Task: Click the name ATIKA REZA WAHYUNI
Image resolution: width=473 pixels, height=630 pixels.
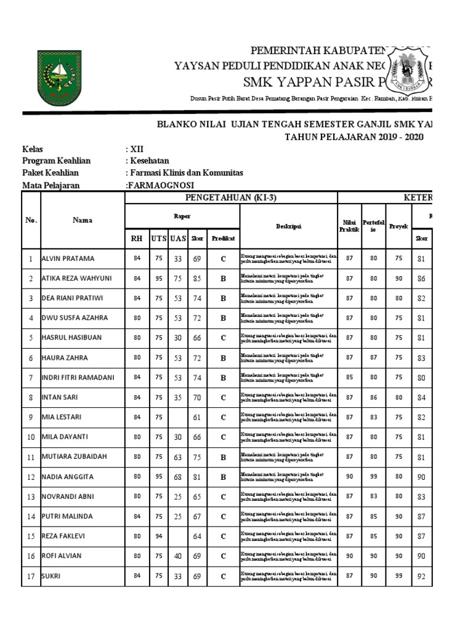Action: point(77,278)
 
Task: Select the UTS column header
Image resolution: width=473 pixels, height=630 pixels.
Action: point(160,238)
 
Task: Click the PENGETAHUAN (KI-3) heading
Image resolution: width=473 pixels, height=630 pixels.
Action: point(231,197)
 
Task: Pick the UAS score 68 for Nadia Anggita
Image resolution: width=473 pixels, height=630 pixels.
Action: point(178,477)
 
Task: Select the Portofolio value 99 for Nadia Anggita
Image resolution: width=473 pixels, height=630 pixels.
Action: point(373,477)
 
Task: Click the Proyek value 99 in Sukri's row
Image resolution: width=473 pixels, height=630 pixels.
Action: point(397,576)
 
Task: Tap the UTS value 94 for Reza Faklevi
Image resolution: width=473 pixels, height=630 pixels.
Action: point(160,536)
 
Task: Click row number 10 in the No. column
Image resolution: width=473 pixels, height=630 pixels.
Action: point(30,437)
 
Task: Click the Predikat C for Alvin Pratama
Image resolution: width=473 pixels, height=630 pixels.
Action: point(224,258)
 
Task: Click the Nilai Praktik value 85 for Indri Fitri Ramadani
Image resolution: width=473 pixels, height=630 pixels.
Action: point(349,378)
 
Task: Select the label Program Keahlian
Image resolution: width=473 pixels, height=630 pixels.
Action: point(56,161)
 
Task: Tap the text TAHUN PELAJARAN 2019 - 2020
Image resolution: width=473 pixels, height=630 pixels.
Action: point(354,137)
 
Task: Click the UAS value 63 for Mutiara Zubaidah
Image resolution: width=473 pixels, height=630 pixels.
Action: point(178,457)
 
